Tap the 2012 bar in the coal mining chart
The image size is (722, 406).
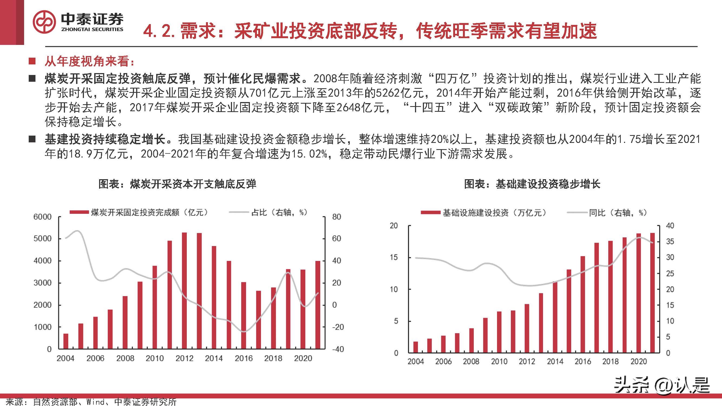pyautogui.click(x=184, y=290)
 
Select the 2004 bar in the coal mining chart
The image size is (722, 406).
pyautogui.click(x=66, y=341)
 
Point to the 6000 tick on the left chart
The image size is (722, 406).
pyautogui.click(x=42, y=217)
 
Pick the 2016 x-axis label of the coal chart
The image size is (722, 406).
pyautogui.click(x=243, y=358)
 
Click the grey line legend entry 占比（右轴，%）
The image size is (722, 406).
pyautogui.click(x=279, y=212)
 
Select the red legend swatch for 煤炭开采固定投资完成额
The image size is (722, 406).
pyautogui.click(x=79, y=212)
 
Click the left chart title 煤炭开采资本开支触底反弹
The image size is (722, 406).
pyautogui.click(x=177, y=184)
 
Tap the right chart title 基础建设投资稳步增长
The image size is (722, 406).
pyautogui.click(x=532, y=184)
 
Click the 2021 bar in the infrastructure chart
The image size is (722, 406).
pyautogui.click(x=652, y=293)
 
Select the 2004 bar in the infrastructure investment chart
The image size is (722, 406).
pyautogui.click(x=416, y=347)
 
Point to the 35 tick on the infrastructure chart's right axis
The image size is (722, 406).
pyautogui.click(x=670, y=241)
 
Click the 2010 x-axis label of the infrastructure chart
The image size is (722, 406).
pyautogui.click(x=499, y=361)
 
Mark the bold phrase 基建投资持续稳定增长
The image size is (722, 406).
pyautogui.click(x=105, y=139)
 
